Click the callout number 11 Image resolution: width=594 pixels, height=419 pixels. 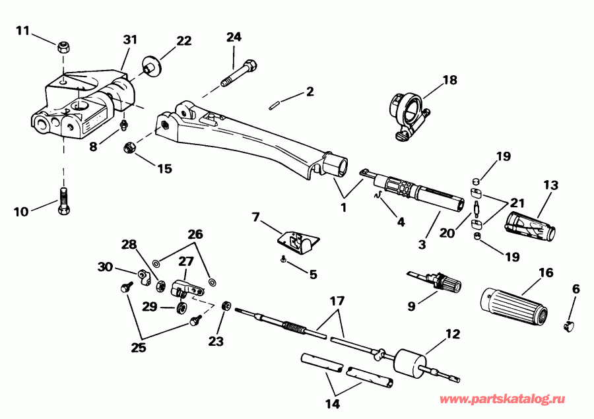(22, 30)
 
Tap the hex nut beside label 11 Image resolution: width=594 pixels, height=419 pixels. (63, 46)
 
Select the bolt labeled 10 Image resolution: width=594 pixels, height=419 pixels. (63, 199)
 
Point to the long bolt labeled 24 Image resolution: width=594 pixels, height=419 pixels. (240, 72)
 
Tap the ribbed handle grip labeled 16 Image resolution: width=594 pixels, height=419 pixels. (512, 303)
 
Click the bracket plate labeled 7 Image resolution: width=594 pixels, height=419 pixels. (298, 242)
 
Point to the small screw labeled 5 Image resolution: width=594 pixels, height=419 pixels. (283, 261)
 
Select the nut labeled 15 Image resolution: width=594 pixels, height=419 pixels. (130, 147)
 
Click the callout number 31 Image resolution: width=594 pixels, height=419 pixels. (129, 40)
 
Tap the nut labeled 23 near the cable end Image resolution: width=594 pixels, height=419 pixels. (226, 306)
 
